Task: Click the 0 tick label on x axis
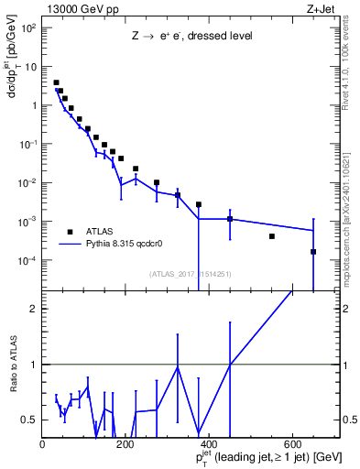pyautogui.click(x=42, y=443)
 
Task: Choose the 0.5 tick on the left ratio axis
pyautogui.click(x=30, y=420)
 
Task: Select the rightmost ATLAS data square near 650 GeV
pyautogui.click(x=313, y=252)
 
